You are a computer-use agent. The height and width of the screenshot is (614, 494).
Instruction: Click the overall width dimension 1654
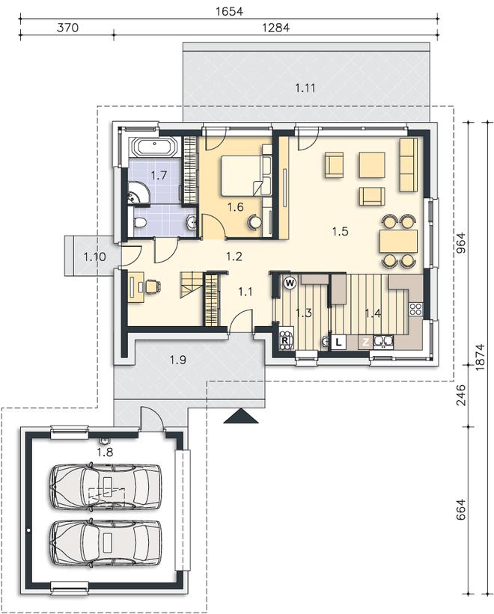pos(229,11)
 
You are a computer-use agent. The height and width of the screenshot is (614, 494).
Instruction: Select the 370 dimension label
pos(68,28)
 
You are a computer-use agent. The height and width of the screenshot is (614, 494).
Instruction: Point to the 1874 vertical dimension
pos(480,357)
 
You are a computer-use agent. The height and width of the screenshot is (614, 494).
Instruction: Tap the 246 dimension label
pos(460,395)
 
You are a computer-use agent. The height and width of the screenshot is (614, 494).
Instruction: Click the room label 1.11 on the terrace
pos(305,88)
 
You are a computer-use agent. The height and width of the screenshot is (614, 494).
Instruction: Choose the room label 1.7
pos(159,175)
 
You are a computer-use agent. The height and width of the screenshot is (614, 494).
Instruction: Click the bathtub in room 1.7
pos(156,147)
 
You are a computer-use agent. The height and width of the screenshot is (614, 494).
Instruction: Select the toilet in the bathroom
pos(139,223)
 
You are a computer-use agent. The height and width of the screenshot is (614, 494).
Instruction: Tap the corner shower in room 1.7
pos(138,193)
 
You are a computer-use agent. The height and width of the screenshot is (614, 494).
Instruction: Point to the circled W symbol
pos(290,283)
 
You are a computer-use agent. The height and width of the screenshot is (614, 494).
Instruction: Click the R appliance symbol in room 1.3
pos(285,340)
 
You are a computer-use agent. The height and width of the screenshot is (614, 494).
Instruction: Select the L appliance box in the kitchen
pos(339,342)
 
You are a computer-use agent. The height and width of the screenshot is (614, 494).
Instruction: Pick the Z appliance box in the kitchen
pos(365,343)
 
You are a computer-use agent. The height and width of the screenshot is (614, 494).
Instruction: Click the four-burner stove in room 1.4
pos(415,309)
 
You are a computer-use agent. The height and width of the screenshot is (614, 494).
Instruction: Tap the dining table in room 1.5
pos(398,242)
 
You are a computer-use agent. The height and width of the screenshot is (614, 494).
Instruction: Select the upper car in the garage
pos(106,487)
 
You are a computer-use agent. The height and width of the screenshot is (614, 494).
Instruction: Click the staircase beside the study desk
pos(192,285)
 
